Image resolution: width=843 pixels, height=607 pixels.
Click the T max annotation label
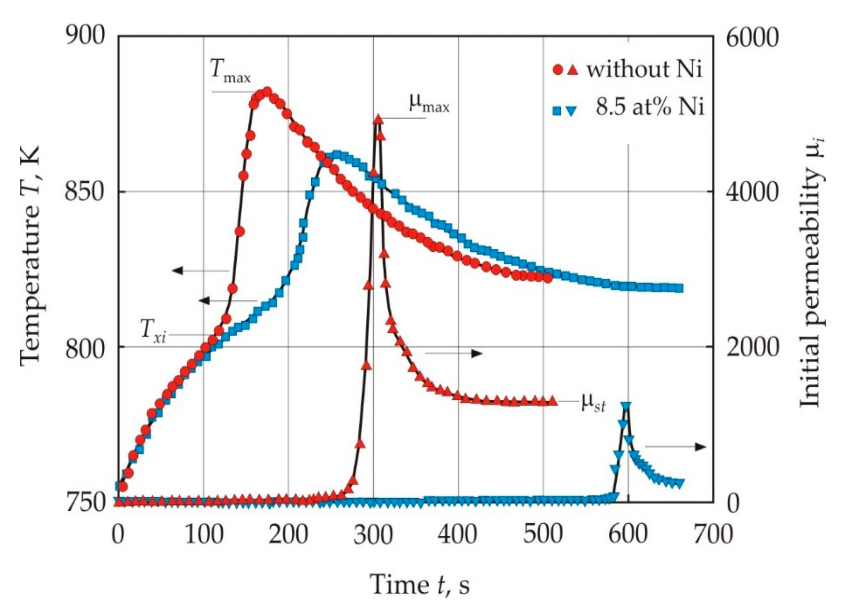(x=231, y=71)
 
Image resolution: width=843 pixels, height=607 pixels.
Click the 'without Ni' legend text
(x=645, y=69)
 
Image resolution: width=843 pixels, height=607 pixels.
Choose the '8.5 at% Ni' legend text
(x=650, y=108)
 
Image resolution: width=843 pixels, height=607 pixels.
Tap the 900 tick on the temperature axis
(x=84, y=37)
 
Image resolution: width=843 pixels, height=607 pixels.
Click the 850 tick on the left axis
(x=84, y=192)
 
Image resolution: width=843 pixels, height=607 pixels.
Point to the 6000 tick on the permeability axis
(x=752, y=38)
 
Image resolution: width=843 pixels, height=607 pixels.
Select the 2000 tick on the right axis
(x=752, y=347)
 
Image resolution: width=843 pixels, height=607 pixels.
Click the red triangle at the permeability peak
(x=378, y=119)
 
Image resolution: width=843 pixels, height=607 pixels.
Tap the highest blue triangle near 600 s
(x=626, y=406)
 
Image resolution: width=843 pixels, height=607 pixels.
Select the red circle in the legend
(x=558, y=70)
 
